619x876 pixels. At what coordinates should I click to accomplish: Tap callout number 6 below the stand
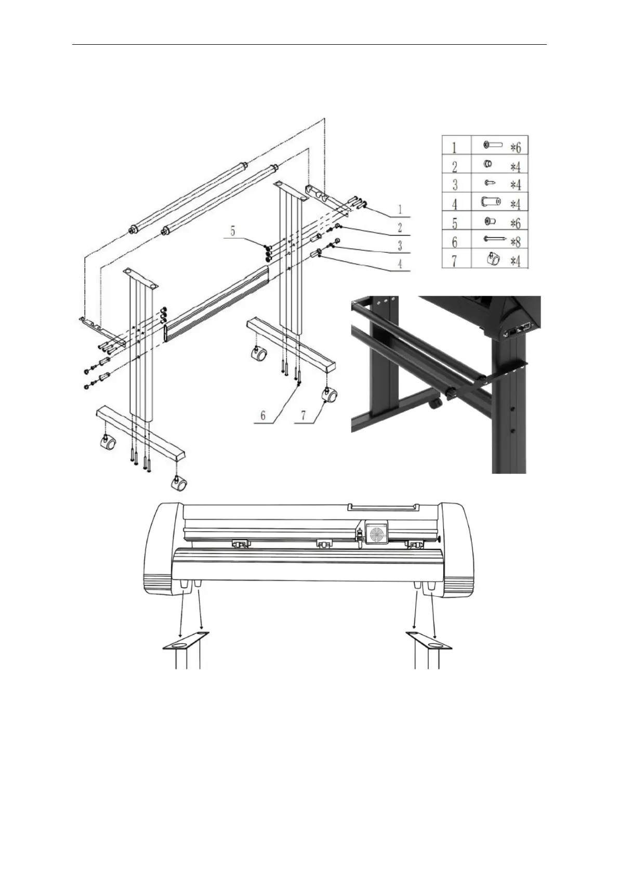pyautogui.click(x=263, y=415)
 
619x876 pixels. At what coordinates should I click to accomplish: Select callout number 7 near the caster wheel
pyautogui.click(x=304, y=415)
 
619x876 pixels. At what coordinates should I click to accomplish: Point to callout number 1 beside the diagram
pyautogui.click(x=400, y=209)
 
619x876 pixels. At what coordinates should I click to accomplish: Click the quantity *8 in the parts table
pyautogui.click(x=516, y=242)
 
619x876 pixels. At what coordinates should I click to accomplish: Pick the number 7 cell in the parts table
pyautogui.click(x=456, y=259)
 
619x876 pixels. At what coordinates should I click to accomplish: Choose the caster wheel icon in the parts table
pyautogui.click(x=494, y=259)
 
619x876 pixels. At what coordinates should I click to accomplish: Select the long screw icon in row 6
pyautogui.click(x=495, y=238)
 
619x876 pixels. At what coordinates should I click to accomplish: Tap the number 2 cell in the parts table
pyautogui.click(x=456, y=164)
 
